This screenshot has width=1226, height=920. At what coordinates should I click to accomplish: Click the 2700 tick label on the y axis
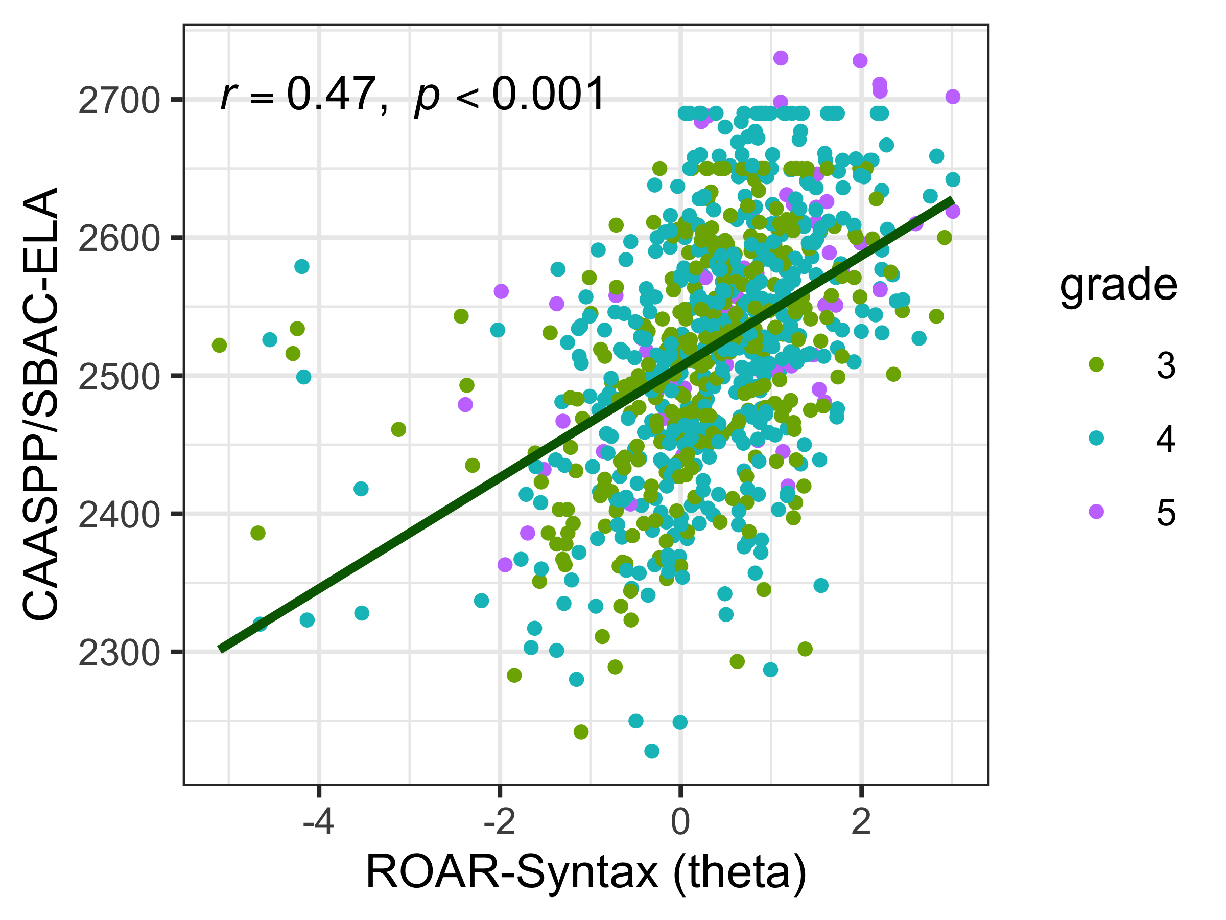119,102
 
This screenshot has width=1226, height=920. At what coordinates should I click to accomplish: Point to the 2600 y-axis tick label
119,240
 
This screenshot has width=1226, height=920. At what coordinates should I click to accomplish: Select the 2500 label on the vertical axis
119,378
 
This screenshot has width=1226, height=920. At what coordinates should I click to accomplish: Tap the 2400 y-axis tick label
119,516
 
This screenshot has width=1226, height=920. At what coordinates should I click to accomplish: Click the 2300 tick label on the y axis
119,654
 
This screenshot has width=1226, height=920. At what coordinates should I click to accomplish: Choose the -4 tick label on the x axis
318,822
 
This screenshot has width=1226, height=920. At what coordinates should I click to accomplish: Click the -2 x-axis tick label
500,822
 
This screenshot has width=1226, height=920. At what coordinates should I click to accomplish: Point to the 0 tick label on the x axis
680,822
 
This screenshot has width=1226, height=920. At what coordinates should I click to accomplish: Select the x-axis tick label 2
861,822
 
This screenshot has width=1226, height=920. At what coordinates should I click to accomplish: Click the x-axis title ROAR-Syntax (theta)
586,873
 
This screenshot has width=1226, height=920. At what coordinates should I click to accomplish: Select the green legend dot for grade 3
1096,364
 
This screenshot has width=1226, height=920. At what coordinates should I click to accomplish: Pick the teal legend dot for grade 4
1096,438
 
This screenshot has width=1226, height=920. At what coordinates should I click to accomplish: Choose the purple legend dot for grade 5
1096,511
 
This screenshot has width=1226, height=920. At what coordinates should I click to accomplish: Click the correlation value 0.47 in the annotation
331,94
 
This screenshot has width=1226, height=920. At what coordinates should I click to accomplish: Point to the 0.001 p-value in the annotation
548,94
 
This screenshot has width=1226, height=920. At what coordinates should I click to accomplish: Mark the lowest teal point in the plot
652,751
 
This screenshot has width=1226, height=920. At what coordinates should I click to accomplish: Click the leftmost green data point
220,345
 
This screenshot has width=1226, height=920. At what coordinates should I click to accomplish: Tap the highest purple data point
781,58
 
